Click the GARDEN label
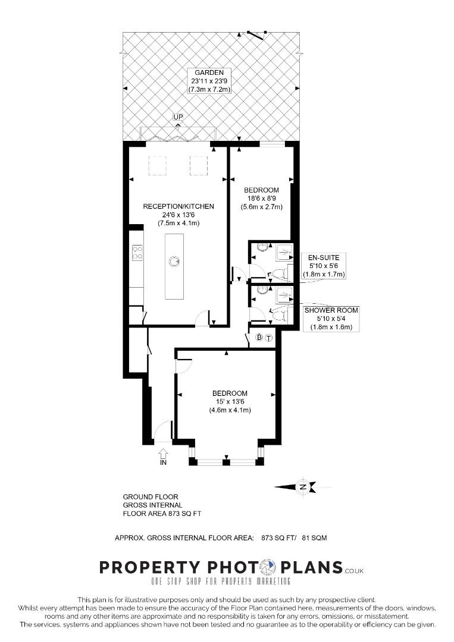(x=209, y=73)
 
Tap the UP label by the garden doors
(x=178, y=117)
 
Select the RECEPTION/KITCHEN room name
(x=179, y=206)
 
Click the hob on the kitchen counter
(x=137, y=253)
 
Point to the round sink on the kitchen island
(x=174, y=261)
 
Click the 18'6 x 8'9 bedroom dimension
(x=261, y=199)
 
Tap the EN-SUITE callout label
(x=324, y=257)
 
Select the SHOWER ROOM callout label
(x=331, y=310)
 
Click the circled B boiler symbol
(x=259, y=338)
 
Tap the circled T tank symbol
(x=269, y=338)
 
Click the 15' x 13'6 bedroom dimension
(x=230, y=402)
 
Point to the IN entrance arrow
(x=163, y=454)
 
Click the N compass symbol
(x=303, y=487)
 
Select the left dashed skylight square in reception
(x=157, y=166)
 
